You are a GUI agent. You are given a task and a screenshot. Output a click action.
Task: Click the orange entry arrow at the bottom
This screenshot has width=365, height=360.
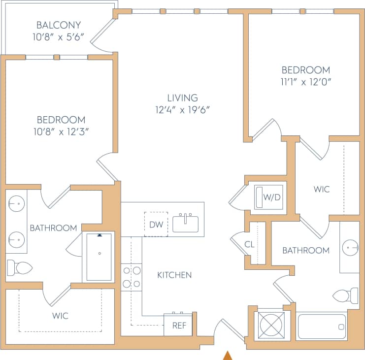coord(228,355)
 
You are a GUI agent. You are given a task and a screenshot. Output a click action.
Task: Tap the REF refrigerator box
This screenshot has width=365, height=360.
coord(178,326)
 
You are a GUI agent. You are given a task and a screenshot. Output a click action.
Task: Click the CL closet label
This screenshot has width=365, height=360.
coord(249,244)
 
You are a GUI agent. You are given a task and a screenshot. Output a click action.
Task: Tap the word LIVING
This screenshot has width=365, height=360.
coord(182,98)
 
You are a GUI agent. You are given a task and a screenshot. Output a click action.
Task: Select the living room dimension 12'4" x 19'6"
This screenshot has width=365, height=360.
coord(182,110)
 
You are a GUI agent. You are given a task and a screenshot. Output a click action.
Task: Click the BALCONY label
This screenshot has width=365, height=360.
coord(59,25)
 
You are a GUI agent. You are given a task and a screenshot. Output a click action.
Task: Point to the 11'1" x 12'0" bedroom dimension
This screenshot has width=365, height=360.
coord(306,82)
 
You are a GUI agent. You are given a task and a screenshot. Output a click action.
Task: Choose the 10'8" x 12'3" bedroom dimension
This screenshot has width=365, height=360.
coord(61,131)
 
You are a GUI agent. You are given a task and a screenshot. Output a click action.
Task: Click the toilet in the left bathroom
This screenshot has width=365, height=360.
coord(20,268)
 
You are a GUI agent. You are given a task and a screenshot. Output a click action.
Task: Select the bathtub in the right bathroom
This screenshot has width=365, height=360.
coord(322,326)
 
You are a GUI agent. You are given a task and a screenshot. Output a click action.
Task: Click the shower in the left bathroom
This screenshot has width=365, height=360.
coord(99,257)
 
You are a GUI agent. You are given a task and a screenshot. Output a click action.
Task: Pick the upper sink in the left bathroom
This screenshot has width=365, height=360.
coord(17,203)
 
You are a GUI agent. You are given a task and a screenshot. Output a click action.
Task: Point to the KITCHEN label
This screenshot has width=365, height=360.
coord(174,275)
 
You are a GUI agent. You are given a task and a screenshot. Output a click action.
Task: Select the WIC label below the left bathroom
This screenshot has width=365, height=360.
coord(60,315)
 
